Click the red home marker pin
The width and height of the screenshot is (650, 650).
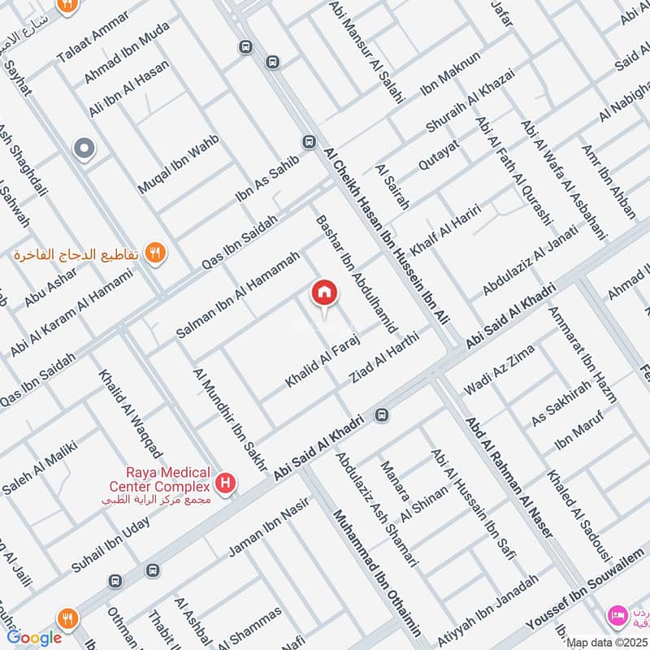pos(324,292)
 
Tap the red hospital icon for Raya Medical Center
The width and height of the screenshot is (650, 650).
pos(226,486)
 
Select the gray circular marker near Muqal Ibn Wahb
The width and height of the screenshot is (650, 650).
pos(83,149)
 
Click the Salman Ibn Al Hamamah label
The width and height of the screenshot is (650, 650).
pos(238,294)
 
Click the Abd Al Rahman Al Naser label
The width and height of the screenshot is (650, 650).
pos(509,476)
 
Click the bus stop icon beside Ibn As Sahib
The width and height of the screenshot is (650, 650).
pos(309,141)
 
